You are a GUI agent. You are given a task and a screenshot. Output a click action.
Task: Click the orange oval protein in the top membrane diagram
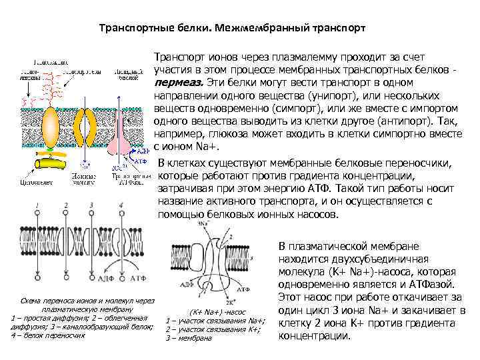pyautogui.click(x=51, y=123)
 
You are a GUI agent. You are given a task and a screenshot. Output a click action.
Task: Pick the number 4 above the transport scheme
pyautogui.click(x=121, y=205)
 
